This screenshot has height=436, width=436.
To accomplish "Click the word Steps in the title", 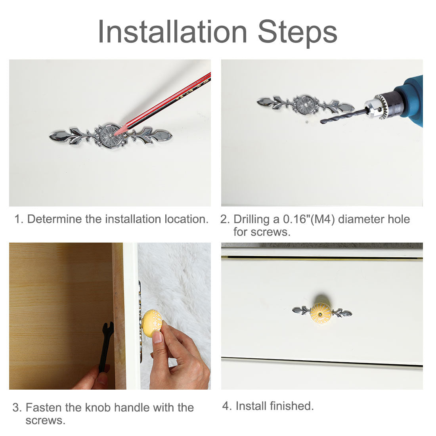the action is click(x=297, y=33).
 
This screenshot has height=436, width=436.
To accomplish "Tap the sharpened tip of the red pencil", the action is click(x=115, y=134).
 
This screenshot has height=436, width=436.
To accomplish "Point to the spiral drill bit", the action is click(x=344, y=116).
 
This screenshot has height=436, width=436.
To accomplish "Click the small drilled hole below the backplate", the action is click(x=307, y=122).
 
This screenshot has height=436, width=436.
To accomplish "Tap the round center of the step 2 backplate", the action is click(x=305, y=105).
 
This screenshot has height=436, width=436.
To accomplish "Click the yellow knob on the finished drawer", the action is click(x=321, y=314).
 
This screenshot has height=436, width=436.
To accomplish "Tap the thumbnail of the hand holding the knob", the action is click(x=157, y=337).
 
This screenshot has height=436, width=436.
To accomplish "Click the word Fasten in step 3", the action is click(x=44, y=407).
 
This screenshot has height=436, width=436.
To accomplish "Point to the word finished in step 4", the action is click(x=292, y=406).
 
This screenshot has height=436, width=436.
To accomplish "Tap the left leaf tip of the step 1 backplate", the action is click(x=50, y=136).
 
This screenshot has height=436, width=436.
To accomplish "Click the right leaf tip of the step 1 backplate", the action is click(x=171, y=135).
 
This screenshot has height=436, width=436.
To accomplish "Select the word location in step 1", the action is click(x=186, y=219).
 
